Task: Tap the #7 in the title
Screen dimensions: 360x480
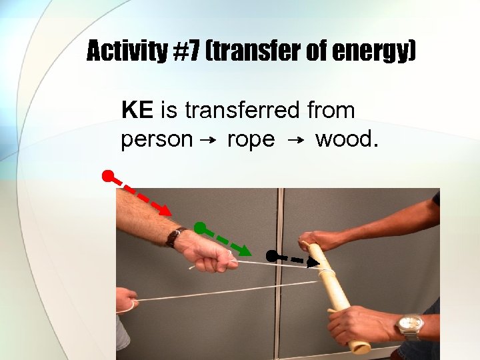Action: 187,51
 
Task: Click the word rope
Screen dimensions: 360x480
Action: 251,140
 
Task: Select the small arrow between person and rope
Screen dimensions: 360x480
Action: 207,140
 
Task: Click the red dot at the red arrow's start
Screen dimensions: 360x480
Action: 107,177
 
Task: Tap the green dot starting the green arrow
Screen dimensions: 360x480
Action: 199,227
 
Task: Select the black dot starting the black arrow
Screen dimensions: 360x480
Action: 271,255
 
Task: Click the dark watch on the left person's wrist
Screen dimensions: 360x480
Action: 175,237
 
